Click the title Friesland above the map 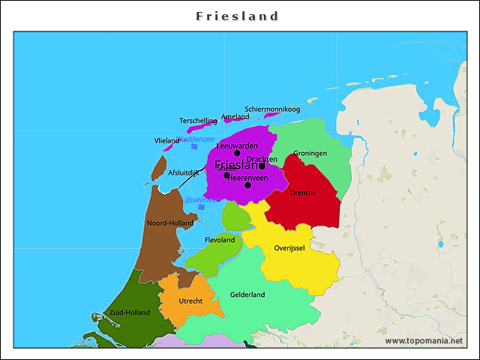point(238,16)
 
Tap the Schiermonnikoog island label point(272,109)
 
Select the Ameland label point(235,117)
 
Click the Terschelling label point(198,121)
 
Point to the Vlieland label point(166,141)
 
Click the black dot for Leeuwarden point(237,153)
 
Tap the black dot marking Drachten point(262,166)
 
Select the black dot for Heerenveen point(247,184)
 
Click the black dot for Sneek point(227,175)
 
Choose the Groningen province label point(310,153)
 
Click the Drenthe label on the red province point(303,193)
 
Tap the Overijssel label point(289,248)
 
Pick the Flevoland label point(220,240)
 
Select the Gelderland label point(247,295)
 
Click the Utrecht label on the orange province point(190,301)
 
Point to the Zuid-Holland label point(130,312)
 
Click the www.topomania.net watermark point(424,340)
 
